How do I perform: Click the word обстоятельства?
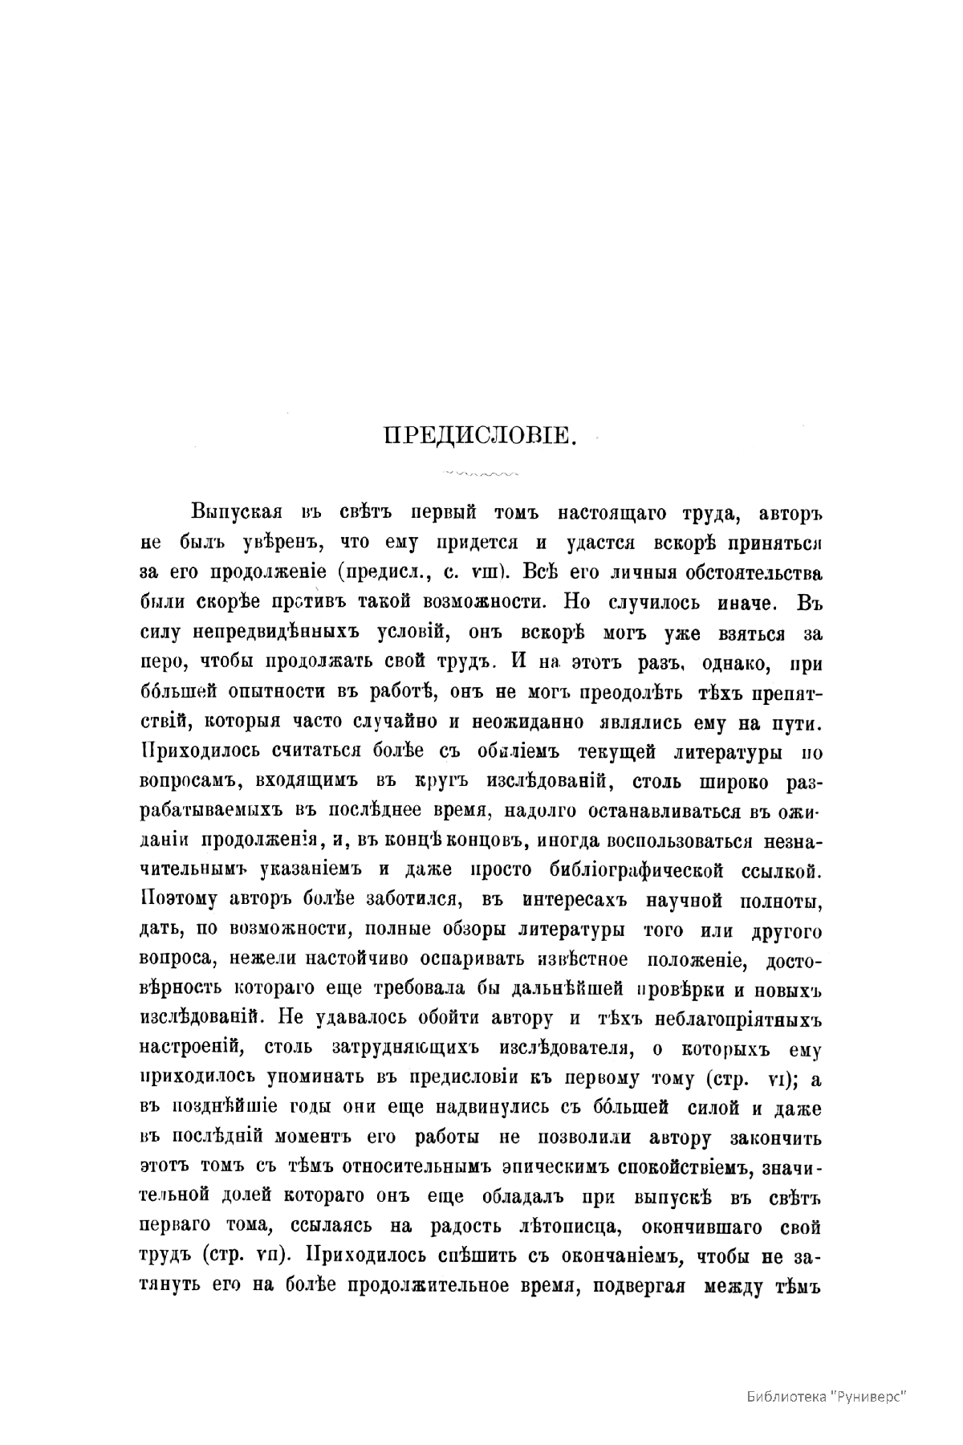(x=748, y=573)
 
